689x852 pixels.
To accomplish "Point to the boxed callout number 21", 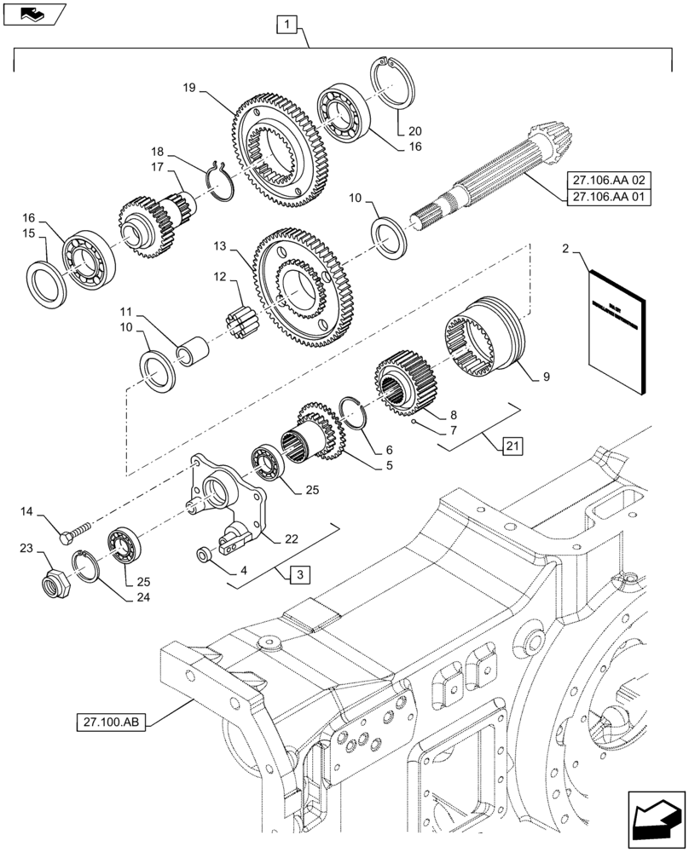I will coord(511,446).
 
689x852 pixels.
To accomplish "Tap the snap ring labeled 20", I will coord(397,80).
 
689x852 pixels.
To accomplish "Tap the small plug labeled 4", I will coord(205,556).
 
